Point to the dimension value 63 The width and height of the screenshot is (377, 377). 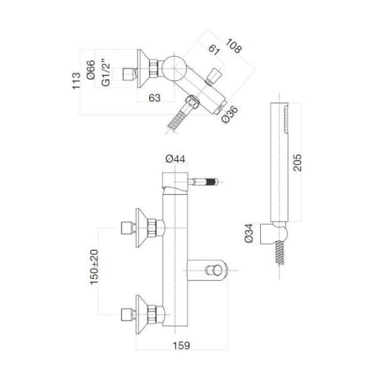pyautogui.click(x=153, y=97)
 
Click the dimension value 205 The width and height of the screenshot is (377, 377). pyautogui.click(x=298, y=165)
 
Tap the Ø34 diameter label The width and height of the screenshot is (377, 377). pyautogui.click(x=250, y=232)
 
